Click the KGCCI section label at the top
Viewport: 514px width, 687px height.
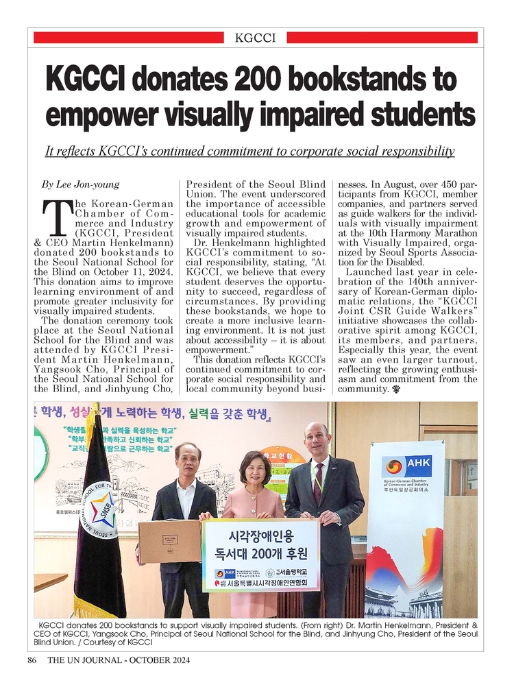[x=255, y=38]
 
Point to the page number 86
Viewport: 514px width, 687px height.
[x=32, y=660]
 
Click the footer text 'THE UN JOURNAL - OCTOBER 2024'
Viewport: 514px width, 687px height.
[x=118, y=660]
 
